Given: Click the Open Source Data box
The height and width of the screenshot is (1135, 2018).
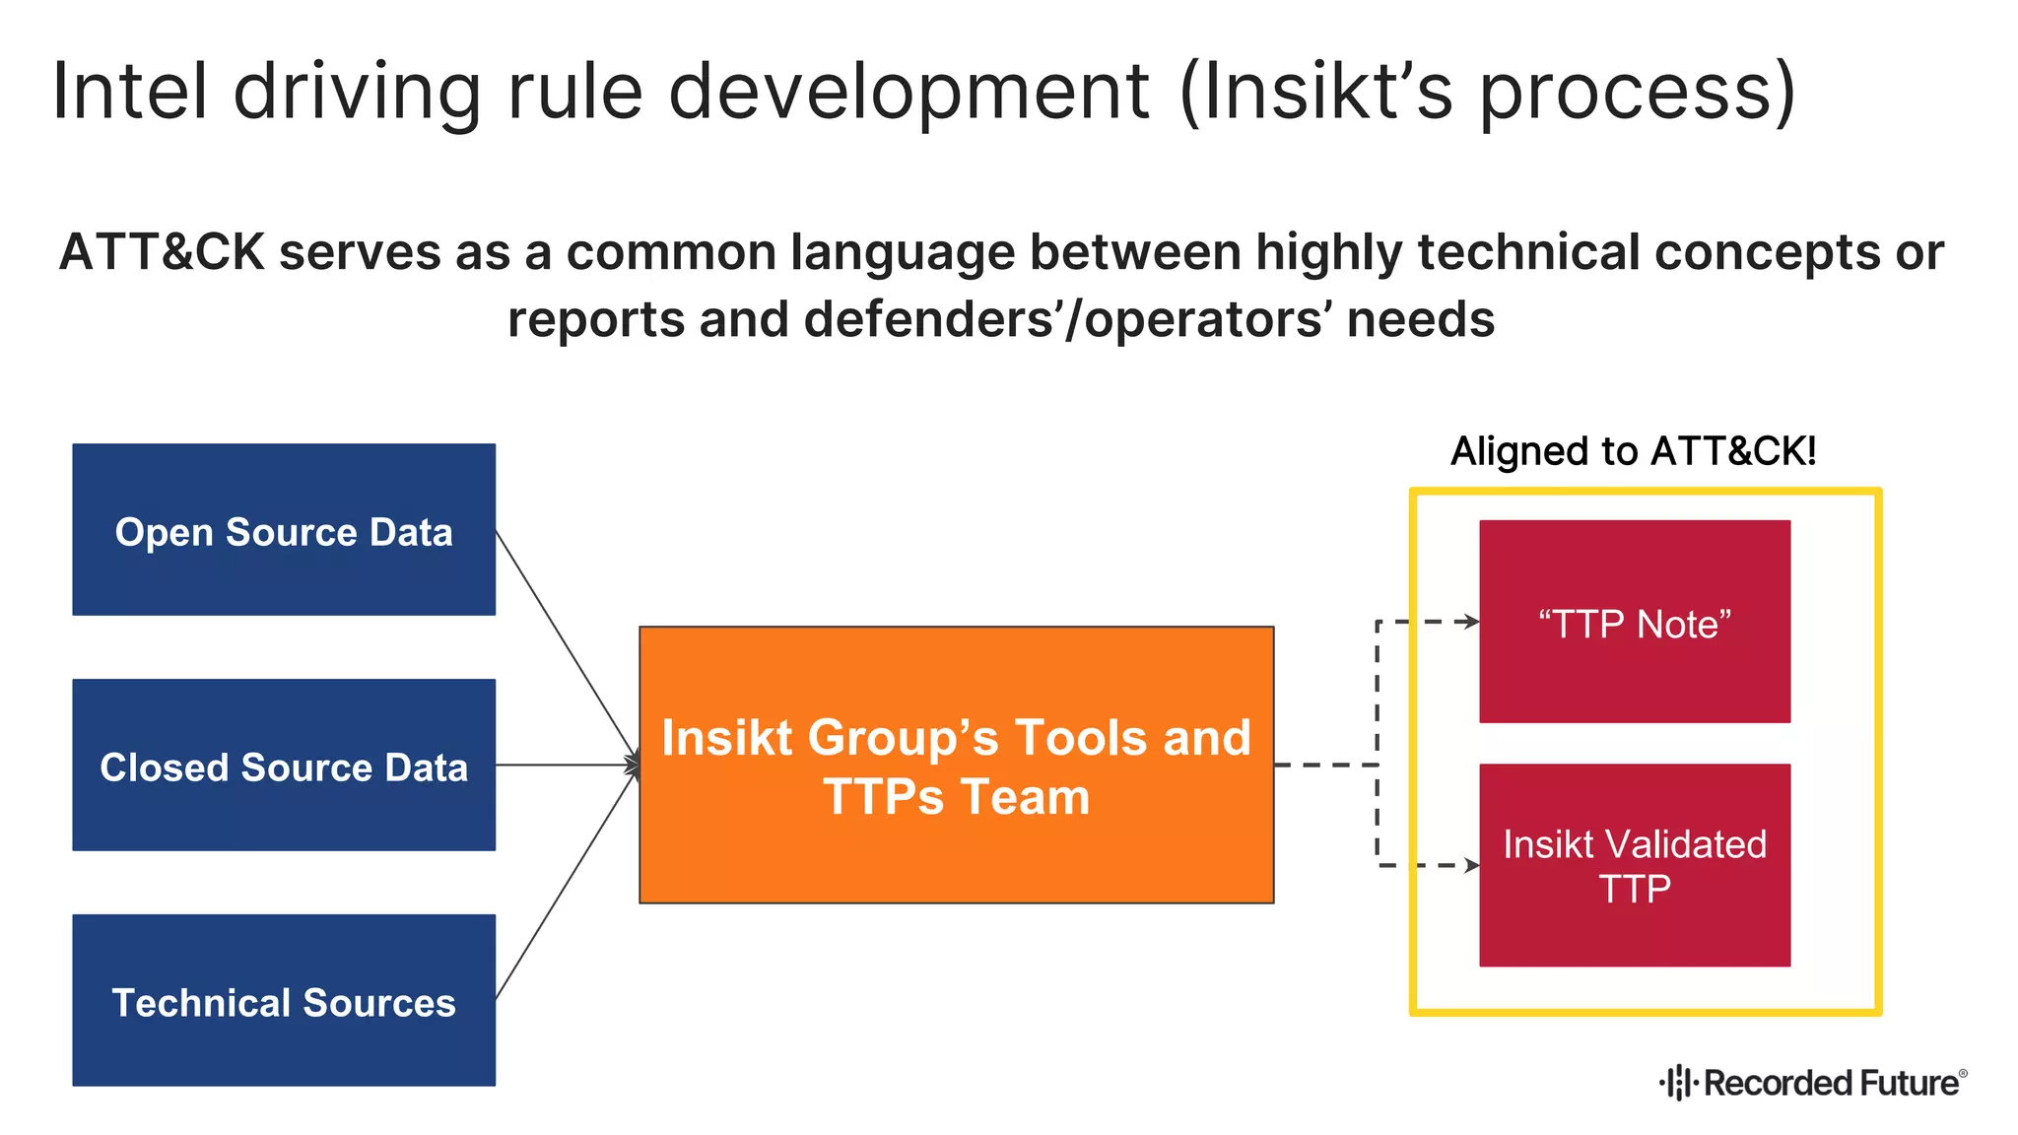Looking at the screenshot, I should (x=284, y=529).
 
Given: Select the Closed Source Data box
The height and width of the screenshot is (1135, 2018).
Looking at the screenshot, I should (x=284, y=765).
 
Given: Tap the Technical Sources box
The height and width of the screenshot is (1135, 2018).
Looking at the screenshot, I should (x=284, y=1000).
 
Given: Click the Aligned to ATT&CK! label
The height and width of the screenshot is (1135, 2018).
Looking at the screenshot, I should (x=1633, y=451).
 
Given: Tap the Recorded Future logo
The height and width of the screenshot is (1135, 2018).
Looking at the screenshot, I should (x=1813, y=1082).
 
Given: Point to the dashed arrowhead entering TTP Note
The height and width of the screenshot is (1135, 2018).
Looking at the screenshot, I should (x=1471, y=622).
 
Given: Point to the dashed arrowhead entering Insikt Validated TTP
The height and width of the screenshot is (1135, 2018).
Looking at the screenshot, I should (x=1471, y=866).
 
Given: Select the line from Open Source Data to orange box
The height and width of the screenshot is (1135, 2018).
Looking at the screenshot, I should (x=567, y=645).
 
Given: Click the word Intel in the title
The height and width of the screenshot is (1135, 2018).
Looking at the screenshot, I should (x=129, y=91).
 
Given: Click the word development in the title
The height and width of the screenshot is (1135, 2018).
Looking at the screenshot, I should (x=908, y=91).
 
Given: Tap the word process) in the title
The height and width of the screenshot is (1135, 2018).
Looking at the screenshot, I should (x=1637, y=91).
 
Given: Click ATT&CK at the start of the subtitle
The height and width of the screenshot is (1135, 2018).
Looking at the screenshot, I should (x=162, y=252).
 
